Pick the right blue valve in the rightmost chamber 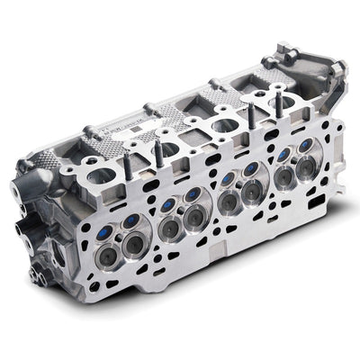point(307,145)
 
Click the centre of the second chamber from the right point(247,184)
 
